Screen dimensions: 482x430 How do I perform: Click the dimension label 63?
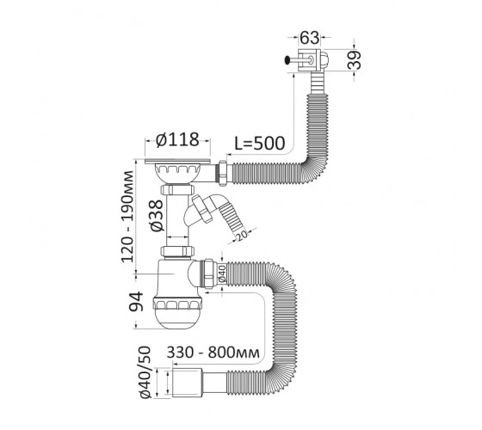click(310, 38)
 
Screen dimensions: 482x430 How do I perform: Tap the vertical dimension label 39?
click(355, 59)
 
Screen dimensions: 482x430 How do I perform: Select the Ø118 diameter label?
click(177, 140)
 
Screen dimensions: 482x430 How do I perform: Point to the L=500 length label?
click(260, 143)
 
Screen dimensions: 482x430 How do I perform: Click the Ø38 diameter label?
click(157, 216)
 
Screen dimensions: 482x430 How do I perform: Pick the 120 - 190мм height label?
click(127, 216)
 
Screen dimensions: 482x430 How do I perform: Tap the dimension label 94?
click(136, 301)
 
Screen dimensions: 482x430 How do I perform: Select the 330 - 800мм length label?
click(213, 353)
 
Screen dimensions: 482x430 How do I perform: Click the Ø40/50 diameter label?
click(145, 372)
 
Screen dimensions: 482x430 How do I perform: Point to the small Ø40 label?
click(222, 273)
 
